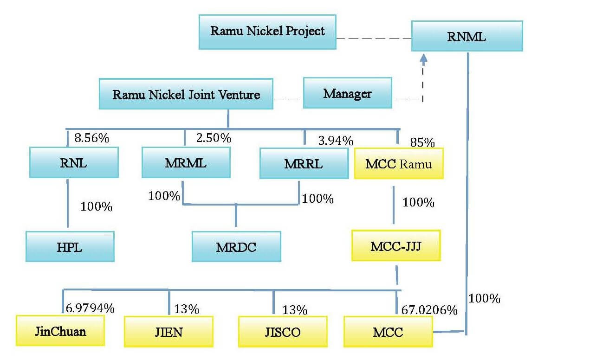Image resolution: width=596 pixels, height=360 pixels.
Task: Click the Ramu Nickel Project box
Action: pos(267,32)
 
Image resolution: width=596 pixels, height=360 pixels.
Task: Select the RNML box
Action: pos(466,36)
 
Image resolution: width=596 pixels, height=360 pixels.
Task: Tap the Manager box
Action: pos(347,93)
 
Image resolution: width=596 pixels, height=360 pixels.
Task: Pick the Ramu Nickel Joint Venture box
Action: pos(186,94)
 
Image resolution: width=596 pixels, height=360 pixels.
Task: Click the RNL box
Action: pos(74,162)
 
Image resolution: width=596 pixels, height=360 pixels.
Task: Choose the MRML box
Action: pos(186,162)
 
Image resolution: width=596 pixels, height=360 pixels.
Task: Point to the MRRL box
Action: pos(304,163)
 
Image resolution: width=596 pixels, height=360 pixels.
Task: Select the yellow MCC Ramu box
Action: pos(398,163)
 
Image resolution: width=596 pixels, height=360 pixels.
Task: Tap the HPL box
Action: pos(70,247)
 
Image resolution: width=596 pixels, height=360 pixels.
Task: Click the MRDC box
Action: pos(236,247)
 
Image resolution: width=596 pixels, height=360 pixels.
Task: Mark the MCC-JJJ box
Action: pos(395,245)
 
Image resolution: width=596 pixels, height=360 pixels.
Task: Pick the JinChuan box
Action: pos(60,331)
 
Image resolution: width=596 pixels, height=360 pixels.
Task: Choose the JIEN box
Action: pos(168,332)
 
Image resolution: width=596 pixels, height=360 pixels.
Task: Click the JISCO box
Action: pos(282,332)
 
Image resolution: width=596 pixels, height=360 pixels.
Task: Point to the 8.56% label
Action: pos(92,138)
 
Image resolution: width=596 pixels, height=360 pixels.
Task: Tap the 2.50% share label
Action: pos(213,138)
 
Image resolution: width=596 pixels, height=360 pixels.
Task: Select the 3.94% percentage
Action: pos(335,140)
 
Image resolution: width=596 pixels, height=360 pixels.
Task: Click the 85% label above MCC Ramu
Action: pos(422,142)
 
